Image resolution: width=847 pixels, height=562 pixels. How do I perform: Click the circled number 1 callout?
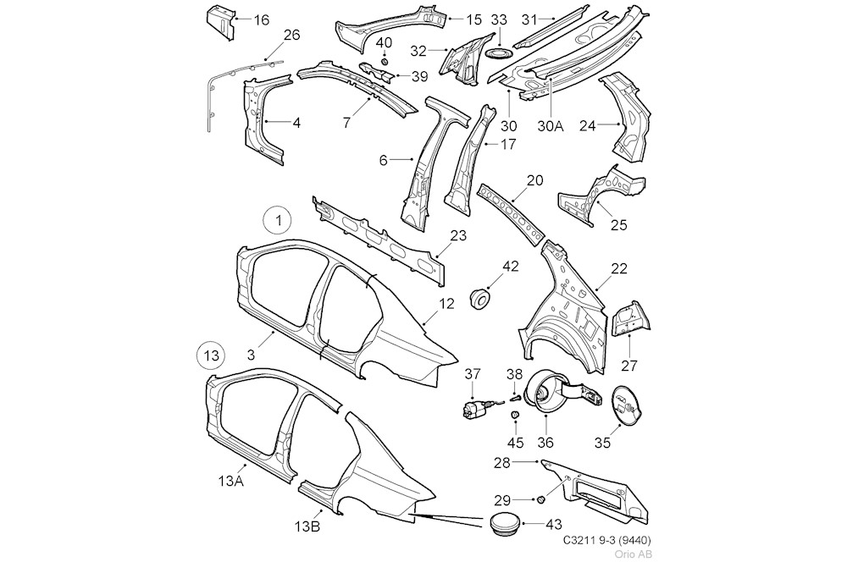point(277,222)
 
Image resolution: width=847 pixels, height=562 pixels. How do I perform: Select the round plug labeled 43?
point(505,524)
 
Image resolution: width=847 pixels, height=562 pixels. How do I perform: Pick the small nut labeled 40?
point(384,61)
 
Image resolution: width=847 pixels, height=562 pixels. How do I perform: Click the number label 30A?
point(551,126)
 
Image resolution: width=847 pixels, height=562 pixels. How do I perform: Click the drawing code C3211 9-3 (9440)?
point(606,539)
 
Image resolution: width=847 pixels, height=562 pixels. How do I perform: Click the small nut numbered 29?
point(540,501)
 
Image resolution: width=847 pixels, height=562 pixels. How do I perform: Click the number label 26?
point(291,35)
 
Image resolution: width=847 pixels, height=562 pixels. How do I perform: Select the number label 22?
point(619,268)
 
